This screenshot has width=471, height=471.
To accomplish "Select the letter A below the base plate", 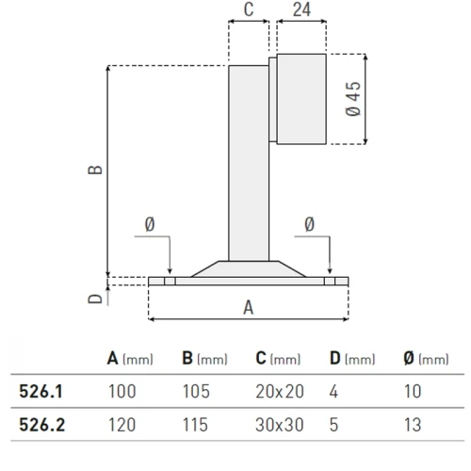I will (x=249, y=307).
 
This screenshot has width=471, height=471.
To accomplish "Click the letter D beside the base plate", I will (x=94, y=300).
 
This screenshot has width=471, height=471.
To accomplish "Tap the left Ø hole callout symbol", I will (x=150, y=223).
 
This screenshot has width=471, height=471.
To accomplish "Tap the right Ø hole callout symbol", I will (x=309, y=223).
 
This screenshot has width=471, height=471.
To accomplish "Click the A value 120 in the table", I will (x=122, y=424).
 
